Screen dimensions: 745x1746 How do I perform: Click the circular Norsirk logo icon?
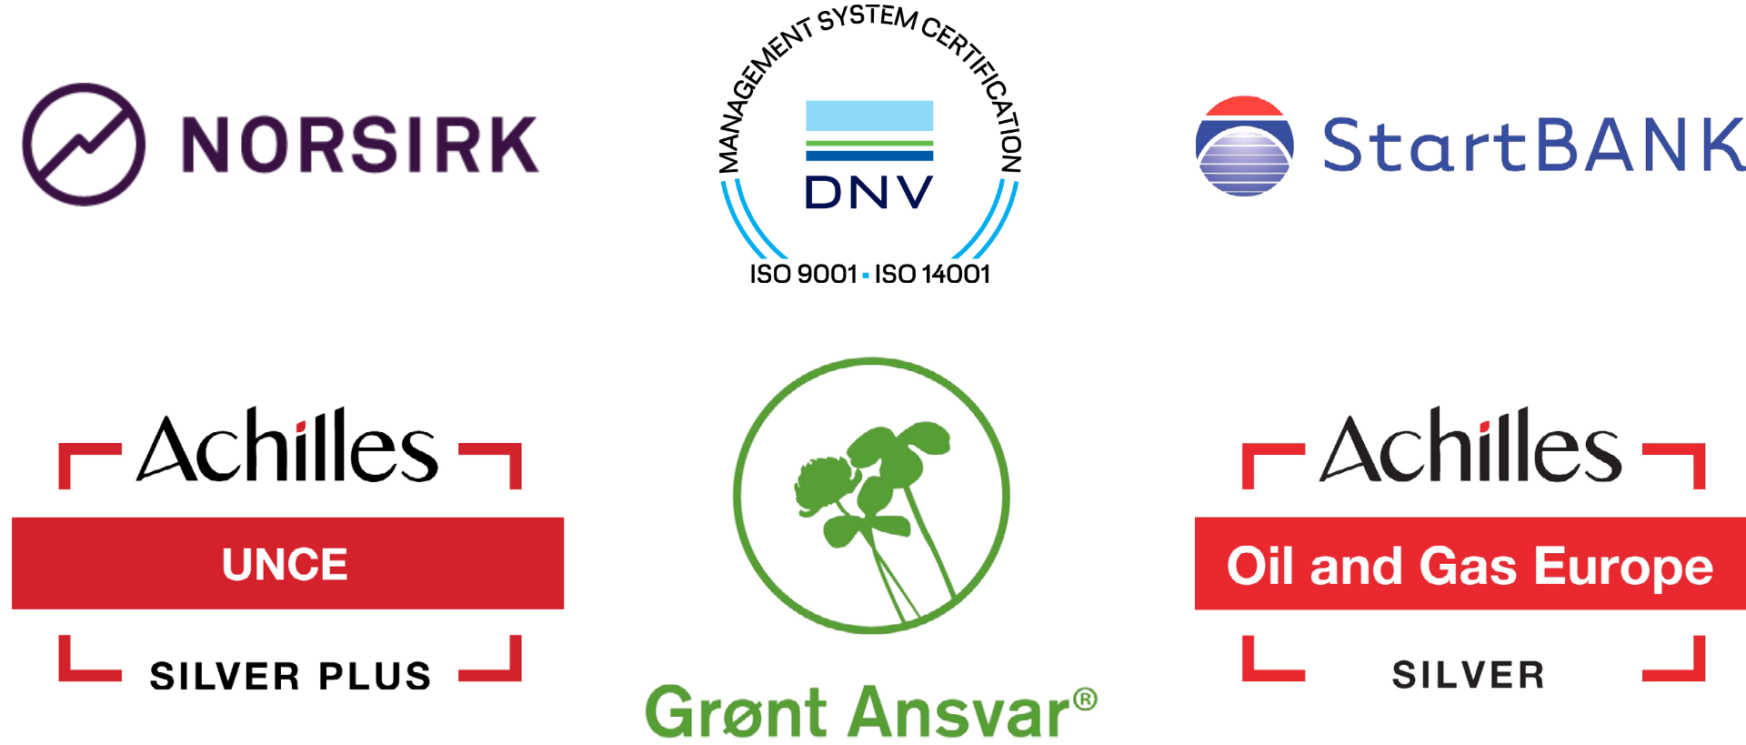pyautogui.click(x=84, y=145)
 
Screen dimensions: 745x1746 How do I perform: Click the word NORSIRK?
pyautogui.click(x=359, y=145)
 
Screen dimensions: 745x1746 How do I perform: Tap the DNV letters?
pyautogui.click(x=869, y=193)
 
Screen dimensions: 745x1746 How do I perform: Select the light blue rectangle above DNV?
pyautogui.click(x=869, y=116)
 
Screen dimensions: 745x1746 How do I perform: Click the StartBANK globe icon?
pyautogui.click(x=1244, y=146)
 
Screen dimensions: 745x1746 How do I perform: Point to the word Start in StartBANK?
pyautogui.click(x=1423, y=146)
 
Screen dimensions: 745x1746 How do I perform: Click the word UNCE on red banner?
pyautogui.click(x=285, y=565)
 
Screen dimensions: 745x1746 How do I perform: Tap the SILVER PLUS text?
pyautogui.click(x=290, y=676)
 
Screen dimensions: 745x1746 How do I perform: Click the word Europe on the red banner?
pyautogui.click(x=1623, y=567)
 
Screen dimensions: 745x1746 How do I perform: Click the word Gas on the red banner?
pyautogui.click(x=1468, y=566)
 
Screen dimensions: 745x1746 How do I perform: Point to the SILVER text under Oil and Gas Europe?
pyautogui.click(x=1468, y=675)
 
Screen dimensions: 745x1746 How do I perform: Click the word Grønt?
pyautogui.click(x=736, y=712)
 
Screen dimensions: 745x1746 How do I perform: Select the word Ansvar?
pyautogui.click(x=962, y=713)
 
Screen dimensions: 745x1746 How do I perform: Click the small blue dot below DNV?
pyautogui.click(x=866, y=275)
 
